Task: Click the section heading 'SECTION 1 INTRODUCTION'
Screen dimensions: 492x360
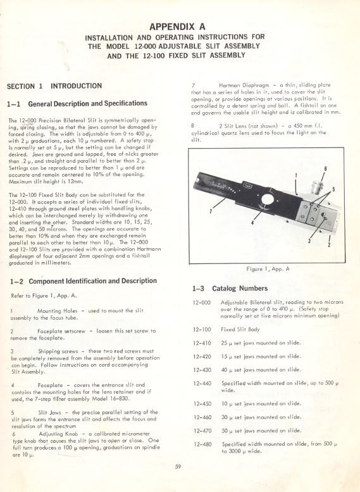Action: (54, 86)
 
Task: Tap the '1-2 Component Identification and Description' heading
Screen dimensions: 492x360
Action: (84, 281)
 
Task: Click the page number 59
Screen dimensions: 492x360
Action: (179, 467)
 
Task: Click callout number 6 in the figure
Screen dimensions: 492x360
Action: (325, 169)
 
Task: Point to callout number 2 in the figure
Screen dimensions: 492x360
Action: (328, 244)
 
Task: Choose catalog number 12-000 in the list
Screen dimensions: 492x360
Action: (201, 303)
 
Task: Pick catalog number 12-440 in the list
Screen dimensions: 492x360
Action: (201, 383)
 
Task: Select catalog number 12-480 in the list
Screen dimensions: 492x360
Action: (201, 444)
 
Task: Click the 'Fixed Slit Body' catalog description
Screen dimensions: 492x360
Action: (241, 329)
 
